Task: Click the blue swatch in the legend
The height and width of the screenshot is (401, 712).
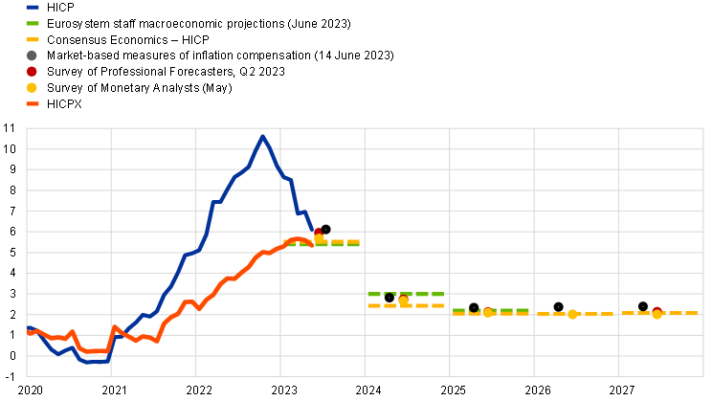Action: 33,7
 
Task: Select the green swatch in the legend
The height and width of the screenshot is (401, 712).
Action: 33,23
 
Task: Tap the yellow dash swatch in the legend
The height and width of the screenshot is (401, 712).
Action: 33,39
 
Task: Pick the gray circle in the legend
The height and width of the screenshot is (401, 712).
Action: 32,56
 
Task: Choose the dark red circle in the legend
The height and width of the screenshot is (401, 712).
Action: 32,71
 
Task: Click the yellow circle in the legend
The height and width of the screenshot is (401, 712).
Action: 32,87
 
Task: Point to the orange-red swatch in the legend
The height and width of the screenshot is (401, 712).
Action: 33,103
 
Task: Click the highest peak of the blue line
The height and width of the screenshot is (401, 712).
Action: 262,136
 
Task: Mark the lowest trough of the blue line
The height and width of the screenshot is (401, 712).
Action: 88,362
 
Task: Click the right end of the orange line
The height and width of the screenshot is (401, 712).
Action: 312,244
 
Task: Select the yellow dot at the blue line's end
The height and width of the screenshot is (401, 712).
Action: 320,238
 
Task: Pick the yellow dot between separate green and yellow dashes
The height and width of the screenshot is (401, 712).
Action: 404,301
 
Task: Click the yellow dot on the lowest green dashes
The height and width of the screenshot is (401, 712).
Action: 488,312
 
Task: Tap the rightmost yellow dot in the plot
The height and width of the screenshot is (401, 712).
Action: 657,314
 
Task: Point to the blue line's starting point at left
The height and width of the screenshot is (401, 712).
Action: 28,328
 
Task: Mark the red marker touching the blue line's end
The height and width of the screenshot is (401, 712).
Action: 318,232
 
